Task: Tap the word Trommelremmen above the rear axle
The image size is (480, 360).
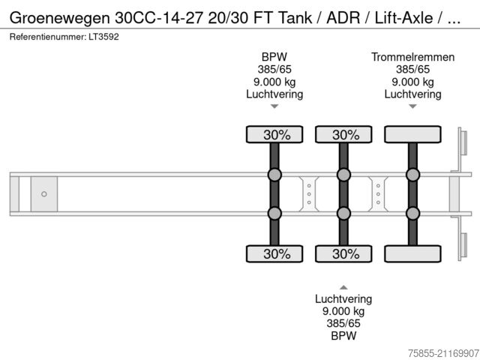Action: pyautogui.click(x=412, y=57)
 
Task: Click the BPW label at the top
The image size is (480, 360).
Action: pyautogui.click(x=274, y=57)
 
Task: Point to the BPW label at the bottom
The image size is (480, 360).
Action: pyautogui.click(x=343, y=336)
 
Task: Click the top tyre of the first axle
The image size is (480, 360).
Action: pyautogui.click(x=275, y=135)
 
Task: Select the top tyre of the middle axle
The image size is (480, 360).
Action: pyautogui.click(x=344, y=135)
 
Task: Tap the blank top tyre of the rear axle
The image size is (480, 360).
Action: pyautogui.click(x=412, y=135)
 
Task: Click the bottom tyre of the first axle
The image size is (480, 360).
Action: pyautogui.click(x=275, y=253)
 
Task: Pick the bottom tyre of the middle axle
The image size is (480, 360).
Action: pyautogui.click(x=344, y=253)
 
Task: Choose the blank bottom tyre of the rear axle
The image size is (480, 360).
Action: pyautogui.click(x=412, y=253)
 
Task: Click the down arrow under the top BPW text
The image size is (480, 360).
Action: pyautogui.click(x=274, y=106)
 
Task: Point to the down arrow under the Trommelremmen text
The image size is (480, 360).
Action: pyautogui.click(x=412, y=106)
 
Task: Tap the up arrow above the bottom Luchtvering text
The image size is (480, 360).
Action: pyautogui.click(x=343, y=286)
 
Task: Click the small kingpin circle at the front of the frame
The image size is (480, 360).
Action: pyautogui.click(x=43, y=194)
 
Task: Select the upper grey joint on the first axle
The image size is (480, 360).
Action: pyautogui.click(x=275, y=175)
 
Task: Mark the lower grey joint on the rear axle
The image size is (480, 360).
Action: pyautogui.click(x=412, y=213)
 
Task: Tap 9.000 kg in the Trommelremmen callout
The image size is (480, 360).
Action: pyautogui.click(x=412, y=82)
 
